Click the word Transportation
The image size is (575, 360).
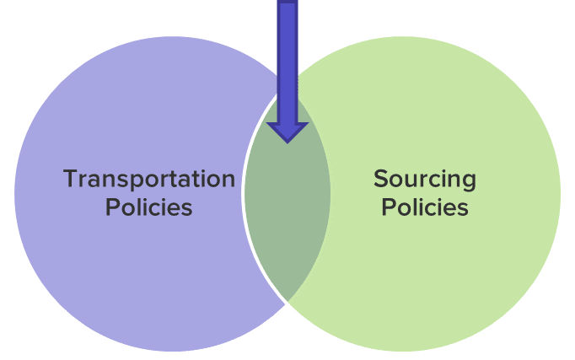[149, 180]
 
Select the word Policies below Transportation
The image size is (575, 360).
[149, 207]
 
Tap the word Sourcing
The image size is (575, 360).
[424, 180]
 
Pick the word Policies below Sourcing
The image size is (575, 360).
[424, 207]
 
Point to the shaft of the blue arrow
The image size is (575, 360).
[287, 59]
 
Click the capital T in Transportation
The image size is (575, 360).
[71, 179]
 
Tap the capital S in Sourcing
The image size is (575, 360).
[380, 179]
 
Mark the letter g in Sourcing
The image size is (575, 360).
[468, 182]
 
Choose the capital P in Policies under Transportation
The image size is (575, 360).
[112, 207]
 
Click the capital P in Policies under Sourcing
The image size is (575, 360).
[388, 207]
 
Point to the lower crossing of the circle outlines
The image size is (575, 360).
[287, 301]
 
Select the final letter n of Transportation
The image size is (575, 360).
[228, 180]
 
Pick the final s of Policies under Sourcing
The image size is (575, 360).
[462, 208]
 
